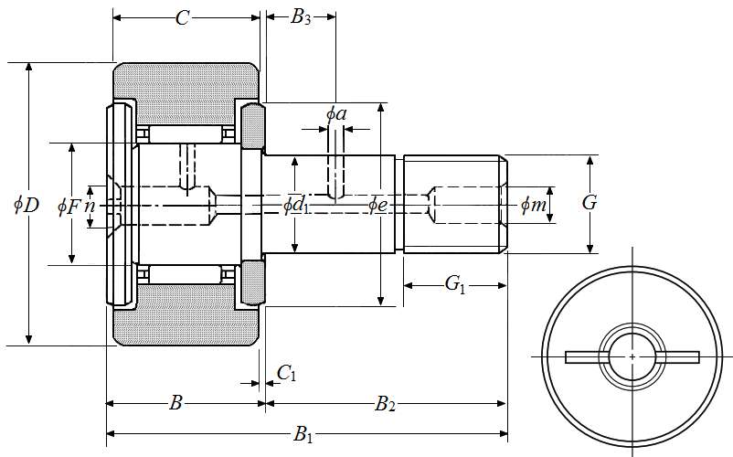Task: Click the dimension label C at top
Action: pyautogui.click(x=182, y=18)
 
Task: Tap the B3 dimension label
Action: pyautogui.click(x=301, y=17)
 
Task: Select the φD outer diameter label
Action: pyautogui.click(x=26, y=205)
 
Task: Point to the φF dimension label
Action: pyautogui.click(x=69, y=207)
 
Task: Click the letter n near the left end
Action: pyautogui.click(x=90, y=206)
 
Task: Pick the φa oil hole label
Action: pyautogui.click(x=336, y=113)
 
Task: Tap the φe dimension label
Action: pyautogui.click(x=378, y=205)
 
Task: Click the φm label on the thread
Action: pyautogui.click(x=534, y=206)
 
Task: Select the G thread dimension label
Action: pyautogui.click(x=590, y=203)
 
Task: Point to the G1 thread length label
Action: pyautogui.click(x=455, y=285)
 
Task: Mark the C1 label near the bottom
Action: pyautogui.click(x=286, y=372)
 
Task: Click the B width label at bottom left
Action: pyautogui.click(x=177, y=403)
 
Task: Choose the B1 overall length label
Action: pyautogui.click(x=303, y=435)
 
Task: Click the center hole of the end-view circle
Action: pyautogui.click(x=632, y=356)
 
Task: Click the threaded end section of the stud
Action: pyautogui.click(x=454, y=205)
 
